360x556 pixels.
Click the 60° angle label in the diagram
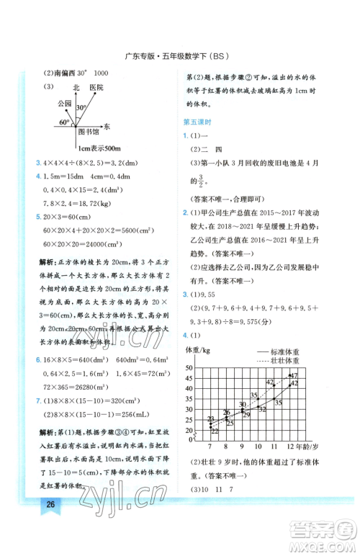65,122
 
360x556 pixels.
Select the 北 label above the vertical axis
77,86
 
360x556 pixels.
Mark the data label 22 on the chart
215,430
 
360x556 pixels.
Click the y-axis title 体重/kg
198,350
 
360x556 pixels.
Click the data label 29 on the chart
246,415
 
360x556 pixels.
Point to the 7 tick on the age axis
211,447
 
